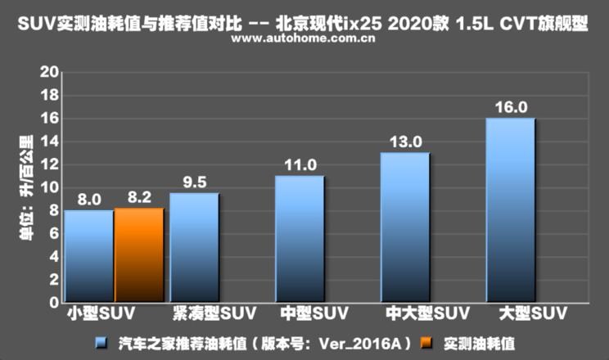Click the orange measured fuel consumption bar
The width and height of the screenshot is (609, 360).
pyautogui.click(x=139, y=254)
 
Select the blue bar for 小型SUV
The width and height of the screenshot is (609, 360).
pyautogui.click(x=89, y=256)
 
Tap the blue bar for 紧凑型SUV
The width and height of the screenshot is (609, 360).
pyautogui.click(x=194, y=247)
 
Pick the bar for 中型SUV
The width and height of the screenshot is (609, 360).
pyautogui.click(x=300, y=239)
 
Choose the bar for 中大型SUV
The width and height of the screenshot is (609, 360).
pyautogui.click(x=405, y=227)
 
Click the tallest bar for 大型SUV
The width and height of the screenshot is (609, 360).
pyautogui.click(x=511, y=210)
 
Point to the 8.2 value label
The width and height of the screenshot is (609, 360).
pyautogui.click(x=139, y=198)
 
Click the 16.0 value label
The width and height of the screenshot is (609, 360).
pyautogui.click(x=511, y=107)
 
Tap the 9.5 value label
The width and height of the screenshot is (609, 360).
pyautogui.click(x=195, y=182)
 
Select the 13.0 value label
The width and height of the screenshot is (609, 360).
pyautogui.click(x=406, y=142)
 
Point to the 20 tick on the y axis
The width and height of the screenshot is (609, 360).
pyautogui.click(x=50, y=72)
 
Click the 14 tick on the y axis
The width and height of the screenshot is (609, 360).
pyautogui.click(x=50, y=142)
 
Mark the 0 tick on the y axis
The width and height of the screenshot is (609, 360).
pyautogui.click(x=54, y=303)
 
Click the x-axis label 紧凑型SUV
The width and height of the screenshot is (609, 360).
pyautogui.click(x=214, y=313)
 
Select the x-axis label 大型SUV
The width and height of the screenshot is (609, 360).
pyautogui.click(x=533, y=313)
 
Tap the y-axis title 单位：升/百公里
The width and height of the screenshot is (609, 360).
pyautogui.click(x=26, y=187)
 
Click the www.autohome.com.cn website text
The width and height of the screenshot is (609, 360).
pyautogui.click(x=303, y=38)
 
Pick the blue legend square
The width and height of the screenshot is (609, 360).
pyautogui.click(x=101, y=343)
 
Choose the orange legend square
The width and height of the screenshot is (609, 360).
pyautogui.click(x=426, y=343)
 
